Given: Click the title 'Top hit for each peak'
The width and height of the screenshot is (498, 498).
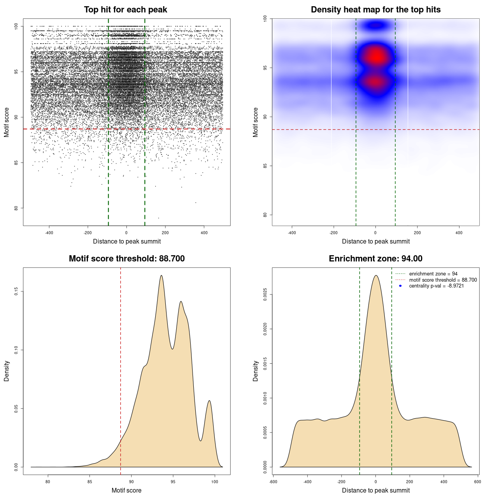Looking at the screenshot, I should click(x=125, y=10).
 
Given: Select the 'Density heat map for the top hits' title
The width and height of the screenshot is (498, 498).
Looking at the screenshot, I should click(x=375, y=10).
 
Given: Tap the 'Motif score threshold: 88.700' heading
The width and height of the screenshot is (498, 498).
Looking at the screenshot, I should click(x=126, y=259).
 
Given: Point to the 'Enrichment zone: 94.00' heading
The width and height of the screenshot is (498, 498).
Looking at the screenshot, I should click(x=375, y=259).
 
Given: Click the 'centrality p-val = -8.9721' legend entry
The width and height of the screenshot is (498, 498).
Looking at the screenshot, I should click(x=436, y=286).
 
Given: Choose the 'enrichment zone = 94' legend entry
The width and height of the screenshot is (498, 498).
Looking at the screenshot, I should click(x=433, y=274).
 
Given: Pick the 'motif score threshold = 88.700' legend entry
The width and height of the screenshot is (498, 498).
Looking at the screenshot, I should click(x=443, y=280).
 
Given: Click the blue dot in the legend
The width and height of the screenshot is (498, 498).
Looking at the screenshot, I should click(x=400, y=286).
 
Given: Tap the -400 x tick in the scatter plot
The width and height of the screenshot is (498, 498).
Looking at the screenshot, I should click(x=49, y=233).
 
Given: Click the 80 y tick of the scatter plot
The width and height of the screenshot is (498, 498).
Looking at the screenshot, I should click(x=16, y=208).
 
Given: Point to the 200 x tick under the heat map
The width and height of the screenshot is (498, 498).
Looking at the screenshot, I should click(x=417, y=233).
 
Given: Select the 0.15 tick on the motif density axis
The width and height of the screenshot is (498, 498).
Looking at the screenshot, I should click(x=16, y=291).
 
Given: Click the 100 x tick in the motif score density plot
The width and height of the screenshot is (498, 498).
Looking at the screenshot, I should click(x=215, y=482).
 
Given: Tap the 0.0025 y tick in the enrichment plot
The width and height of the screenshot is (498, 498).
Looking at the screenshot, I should click(x=265, y=295).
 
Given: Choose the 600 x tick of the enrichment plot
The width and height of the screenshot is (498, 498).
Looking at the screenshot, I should click(x=478, y=482).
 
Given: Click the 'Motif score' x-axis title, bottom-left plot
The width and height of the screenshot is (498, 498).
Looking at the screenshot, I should click(x=126, y=490).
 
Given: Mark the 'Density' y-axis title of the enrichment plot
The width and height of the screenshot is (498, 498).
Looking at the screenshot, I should click(x=256, y=371).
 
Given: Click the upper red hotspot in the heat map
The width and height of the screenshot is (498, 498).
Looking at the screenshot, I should click(x=376, y=57).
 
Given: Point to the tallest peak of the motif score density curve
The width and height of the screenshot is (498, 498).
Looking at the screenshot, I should click(x=161, y=276).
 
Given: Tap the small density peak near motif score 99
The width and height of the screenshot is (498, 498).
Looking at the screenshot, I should click(x=209, y=401).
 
